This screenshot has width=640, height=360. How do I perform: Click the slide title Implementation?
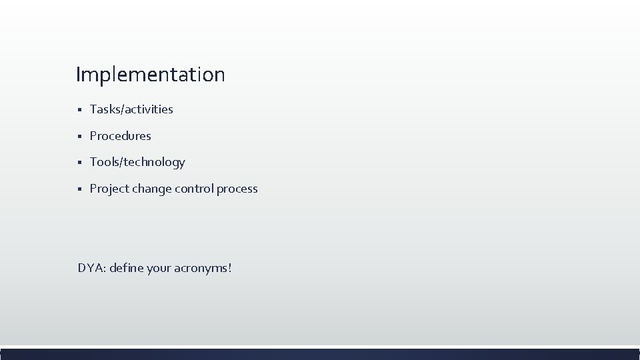click(x=150, y=75)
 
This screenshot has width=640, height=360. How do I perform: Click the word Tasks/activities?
click(x=131, y=109)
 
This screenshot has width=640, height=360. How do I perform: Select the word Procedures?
click(x=121, y=136)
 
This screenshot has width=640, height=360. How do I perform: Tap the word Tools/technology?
click(x=137, y=162)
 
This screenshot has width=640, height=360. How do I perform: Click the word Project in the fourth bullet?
click(x=109, y=189)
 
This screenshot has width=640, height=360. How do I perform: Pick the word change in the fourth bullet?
click(x=151, y=189)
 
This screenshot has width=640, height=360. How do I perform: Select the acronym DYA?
click(x=91, y=268)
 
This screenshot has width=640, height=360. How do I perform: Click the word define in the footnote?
click(x=126, y=268)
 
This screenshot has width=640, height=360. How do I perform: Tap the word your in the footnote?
click(x=158, y=269)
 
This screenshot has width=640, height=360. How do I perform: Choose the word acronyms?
click(x=202, y=269)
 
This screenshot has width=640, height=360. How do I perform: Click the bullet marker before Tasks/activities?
click(x=79, y=110)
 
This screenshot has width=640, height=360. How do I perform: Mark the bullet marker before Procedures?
click(x=79, y=137)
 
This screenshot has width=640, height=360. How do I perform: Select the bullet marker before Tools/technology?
click(x=79, y=163)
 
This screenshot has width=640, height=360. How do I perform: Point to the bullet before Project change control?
click(x=79, y=189)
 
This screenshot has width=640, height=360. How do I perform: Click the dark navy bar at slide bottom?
click(x=320, y=353)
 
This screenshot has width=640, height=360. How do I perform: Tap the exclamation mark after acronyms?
click(x=230, y=268)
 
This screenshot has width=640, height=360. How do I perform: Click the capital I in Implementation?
click(x=78, y=74)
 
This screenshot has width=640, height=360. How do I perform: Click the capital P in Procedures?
click(x=93, y=136)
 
